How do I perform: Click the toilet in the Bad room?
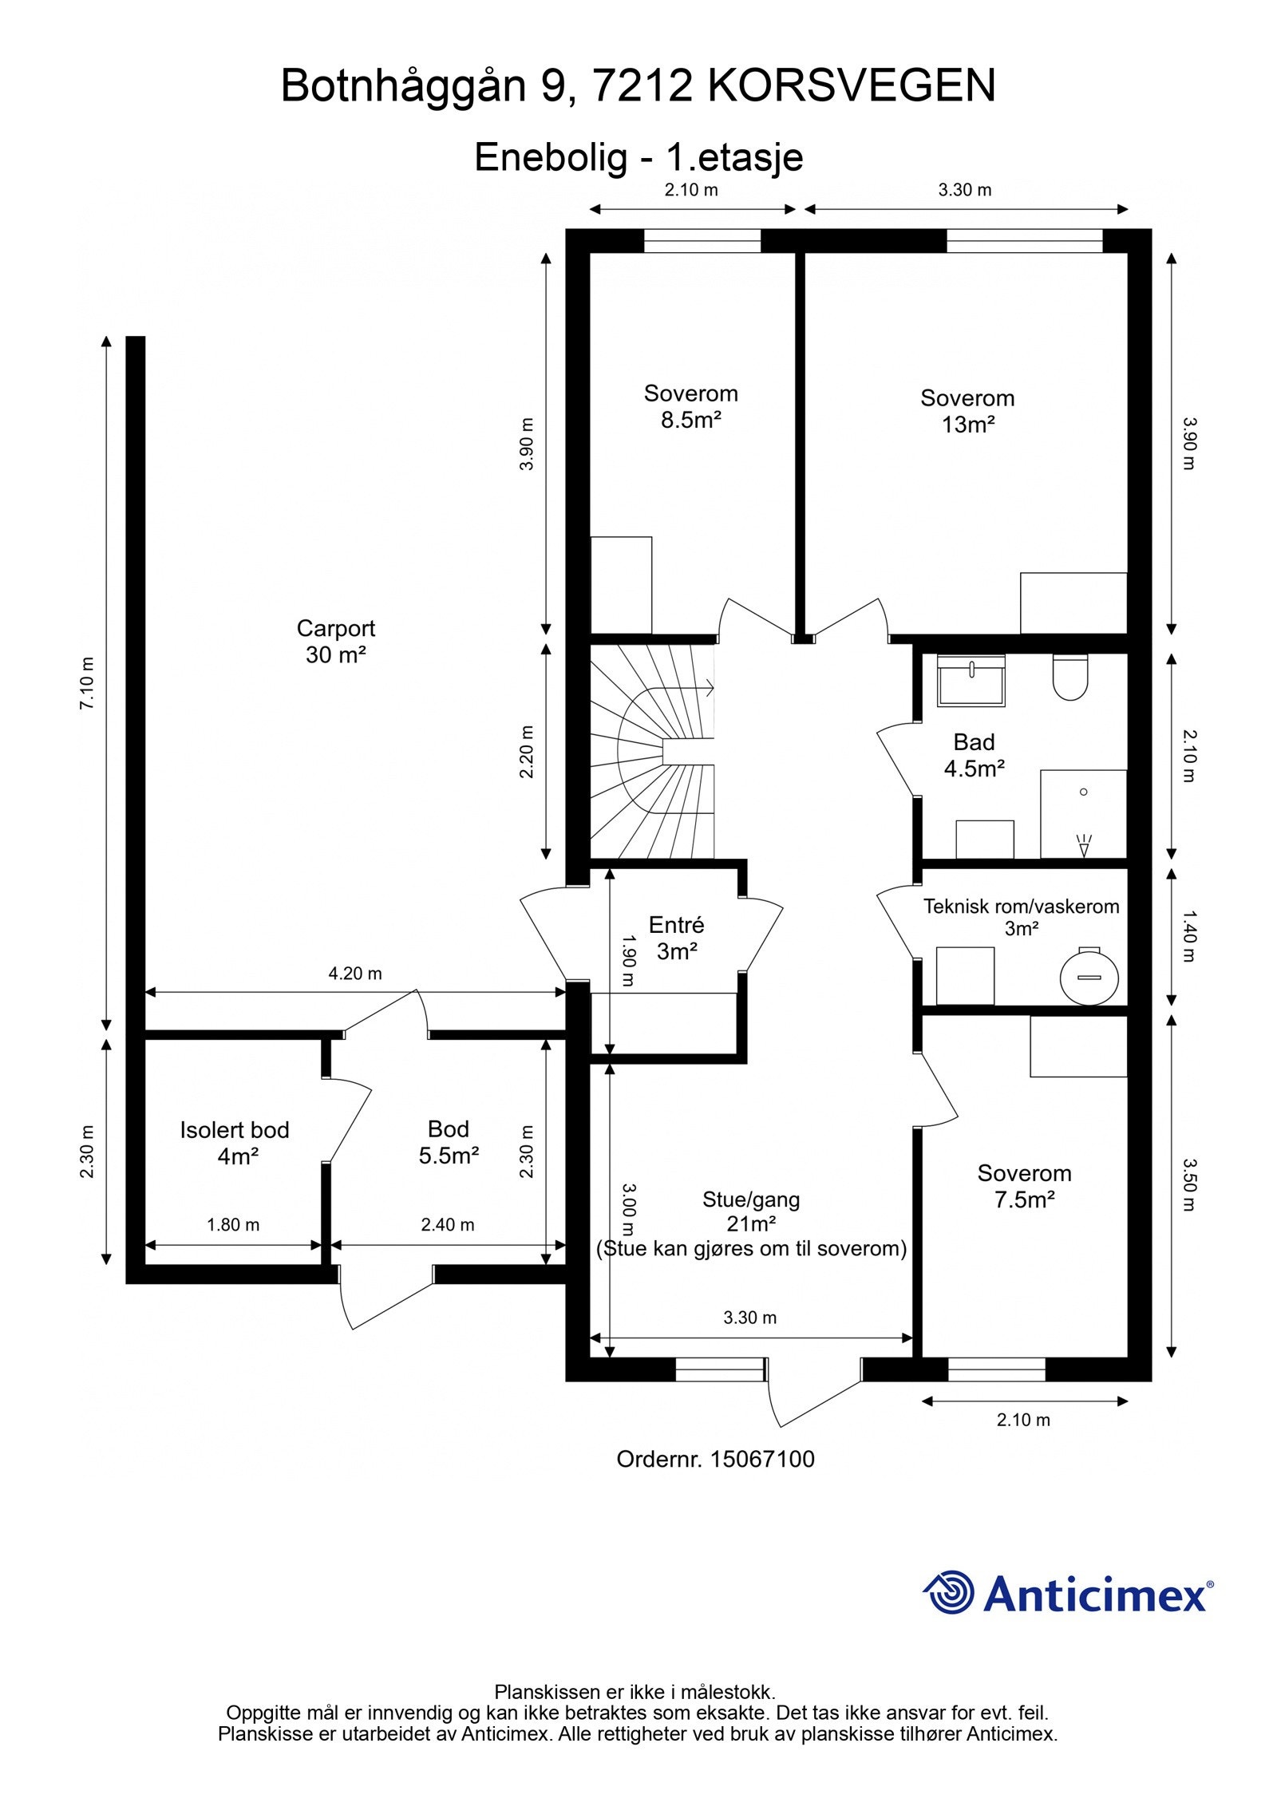[x=1070, y=677]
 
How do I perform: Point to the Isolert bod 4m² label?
[x=234, y=1143]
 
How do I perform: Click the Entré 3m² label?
[x=676, y=938]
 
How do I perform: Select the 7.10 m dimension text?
[x=87, y=682]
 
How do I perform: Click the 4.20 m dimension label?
[x=355, y=974]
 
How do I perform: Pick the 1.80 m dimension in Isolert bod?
[x=233, y=1224]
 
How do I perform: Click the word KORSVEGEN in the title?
[x=852, y=86]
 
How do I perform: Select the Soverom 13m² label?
[x=967, y=411]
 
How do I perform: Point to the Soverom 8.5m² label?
[x=691, y=406]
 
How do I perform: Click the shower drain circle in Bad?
[x=1083, y=792]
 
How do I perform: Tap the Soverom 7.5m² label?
[x=1025, y=1186]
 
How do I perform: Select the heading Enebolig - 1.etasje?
[x=638, y=157]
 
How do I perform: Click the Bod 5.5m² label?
[x=449, y=1142]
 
